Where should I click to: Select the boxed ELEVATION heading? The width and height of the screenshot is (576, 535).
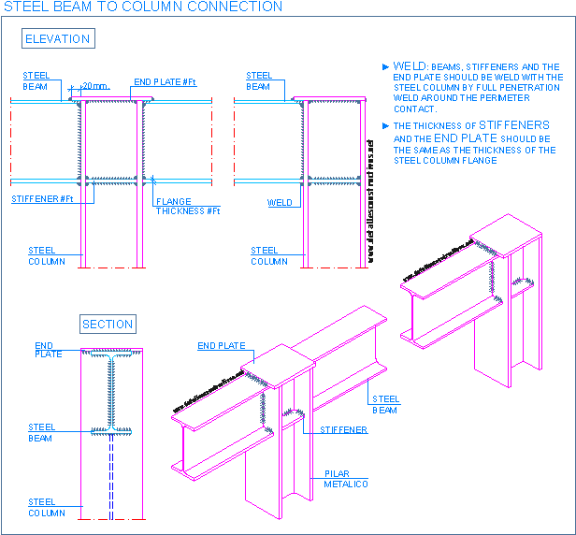click(58, 39)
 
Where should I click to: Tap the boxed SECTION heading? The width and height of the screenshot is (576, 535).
click(108, 325)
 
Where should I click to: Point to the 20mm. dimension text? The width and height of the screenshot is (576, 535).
click(95, 86)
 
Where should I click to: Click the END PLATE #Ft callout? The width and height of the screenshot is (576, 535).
click(165, 82)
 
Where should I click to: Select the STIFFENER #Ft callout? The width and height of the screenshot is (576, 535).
click(42, 199)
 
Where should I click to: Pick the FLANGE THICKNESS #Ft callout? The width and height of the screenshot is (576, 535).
click(187, 207)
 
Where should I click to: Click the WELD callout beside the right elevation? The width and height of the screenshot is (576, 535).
click(280, 202)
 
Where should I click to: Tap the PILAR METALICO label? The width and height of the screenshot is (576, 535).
click(346, 479)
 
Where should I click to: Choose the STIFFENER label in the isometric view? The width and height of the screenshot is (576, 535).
click(343, 430)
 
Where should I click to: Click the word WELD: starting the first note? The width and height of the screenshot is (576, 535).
click(410, 66)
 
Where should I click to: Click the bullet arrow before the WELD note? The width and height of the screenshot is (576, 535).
click(386, 67)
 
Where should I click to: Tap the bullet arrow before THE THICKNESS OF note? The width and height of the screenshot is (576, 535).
click(386, 125)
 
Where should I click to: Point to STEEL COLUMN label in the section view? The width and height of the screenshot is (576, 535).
click(47, 508)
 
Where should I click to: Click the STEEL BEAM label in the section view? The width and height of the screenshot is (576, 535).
click(41, 432)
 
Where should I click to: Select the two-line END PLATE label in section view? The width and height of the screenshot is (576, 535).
click(49, 350)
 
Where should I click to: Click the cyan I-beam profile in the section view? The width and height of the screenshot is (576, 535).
click(111, 393)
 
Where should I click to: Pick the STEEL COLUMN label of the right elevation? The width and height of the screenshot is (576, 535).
click(269, 255)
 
